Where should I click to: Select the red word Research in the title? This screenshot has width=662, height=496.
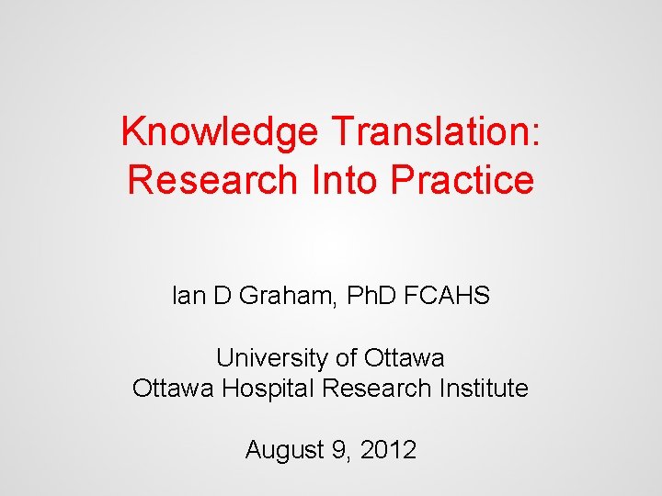tap(209, 180)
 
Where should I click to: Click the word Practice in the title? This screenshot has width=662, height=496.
tap(462, 180)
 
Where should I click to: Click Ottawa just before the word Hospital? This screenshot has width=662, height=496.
tap(173, 389)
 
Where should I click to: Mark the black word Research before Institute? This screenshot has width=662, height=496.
tap(377, 389)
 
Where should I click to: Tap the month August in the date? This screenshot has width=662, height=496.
tap(282, 451)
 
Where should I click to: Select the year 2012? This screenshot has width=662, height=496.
tap(388, 451)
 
